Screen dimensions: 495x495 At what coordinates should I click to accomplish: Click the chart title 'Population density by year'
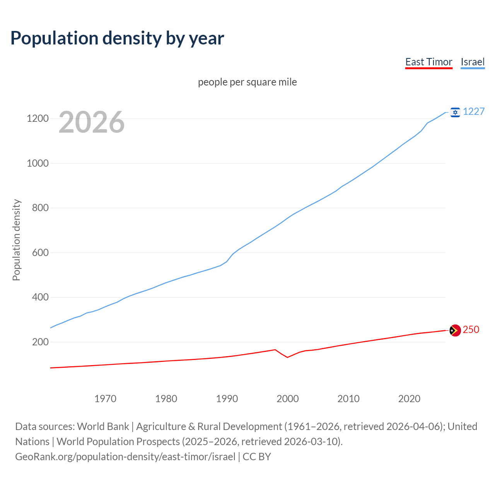117,38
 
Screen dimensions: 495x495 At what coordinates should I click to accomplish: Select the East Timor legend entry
428,62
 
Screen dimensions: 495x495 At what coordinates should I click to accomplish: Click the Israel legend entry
473,62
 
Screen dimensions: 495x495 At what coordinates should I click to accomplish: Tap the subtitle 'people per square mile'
247,82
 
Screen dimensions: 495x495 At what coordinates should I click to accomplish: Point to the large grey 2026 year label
92,122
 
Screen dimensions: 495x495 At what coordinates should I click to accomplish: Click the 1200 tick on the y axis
38,118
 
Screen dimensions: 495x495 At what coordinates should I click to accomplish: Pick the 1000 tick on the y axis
38,163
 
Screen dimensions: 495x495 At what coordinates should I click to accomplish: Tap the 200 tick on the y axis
40,342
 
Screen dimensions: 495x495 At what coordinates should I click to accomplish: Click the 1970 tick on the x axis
105,399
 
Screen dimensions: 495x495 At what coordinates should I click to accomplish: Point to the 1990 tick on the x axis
227,399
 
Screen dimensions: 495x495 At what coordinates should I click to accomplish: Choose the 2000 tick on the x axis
288,399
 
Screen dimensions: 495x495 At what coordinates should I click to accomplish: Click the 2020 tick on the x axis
409,399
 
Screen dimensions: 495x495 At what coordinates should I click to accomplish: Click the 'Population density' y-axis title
16,240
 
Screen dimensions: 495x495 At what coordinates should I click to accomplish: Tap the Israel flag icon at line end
455,112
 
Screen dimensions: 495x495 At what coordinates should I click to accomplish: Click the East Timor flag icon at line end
455,330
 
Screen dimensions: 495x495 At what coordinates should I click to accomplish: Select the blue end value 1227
474,111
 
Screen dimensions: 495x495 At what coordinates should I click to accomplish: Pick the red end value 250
471,329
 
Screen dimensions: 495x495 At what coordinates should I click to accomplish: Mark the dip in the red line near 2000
287,357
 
